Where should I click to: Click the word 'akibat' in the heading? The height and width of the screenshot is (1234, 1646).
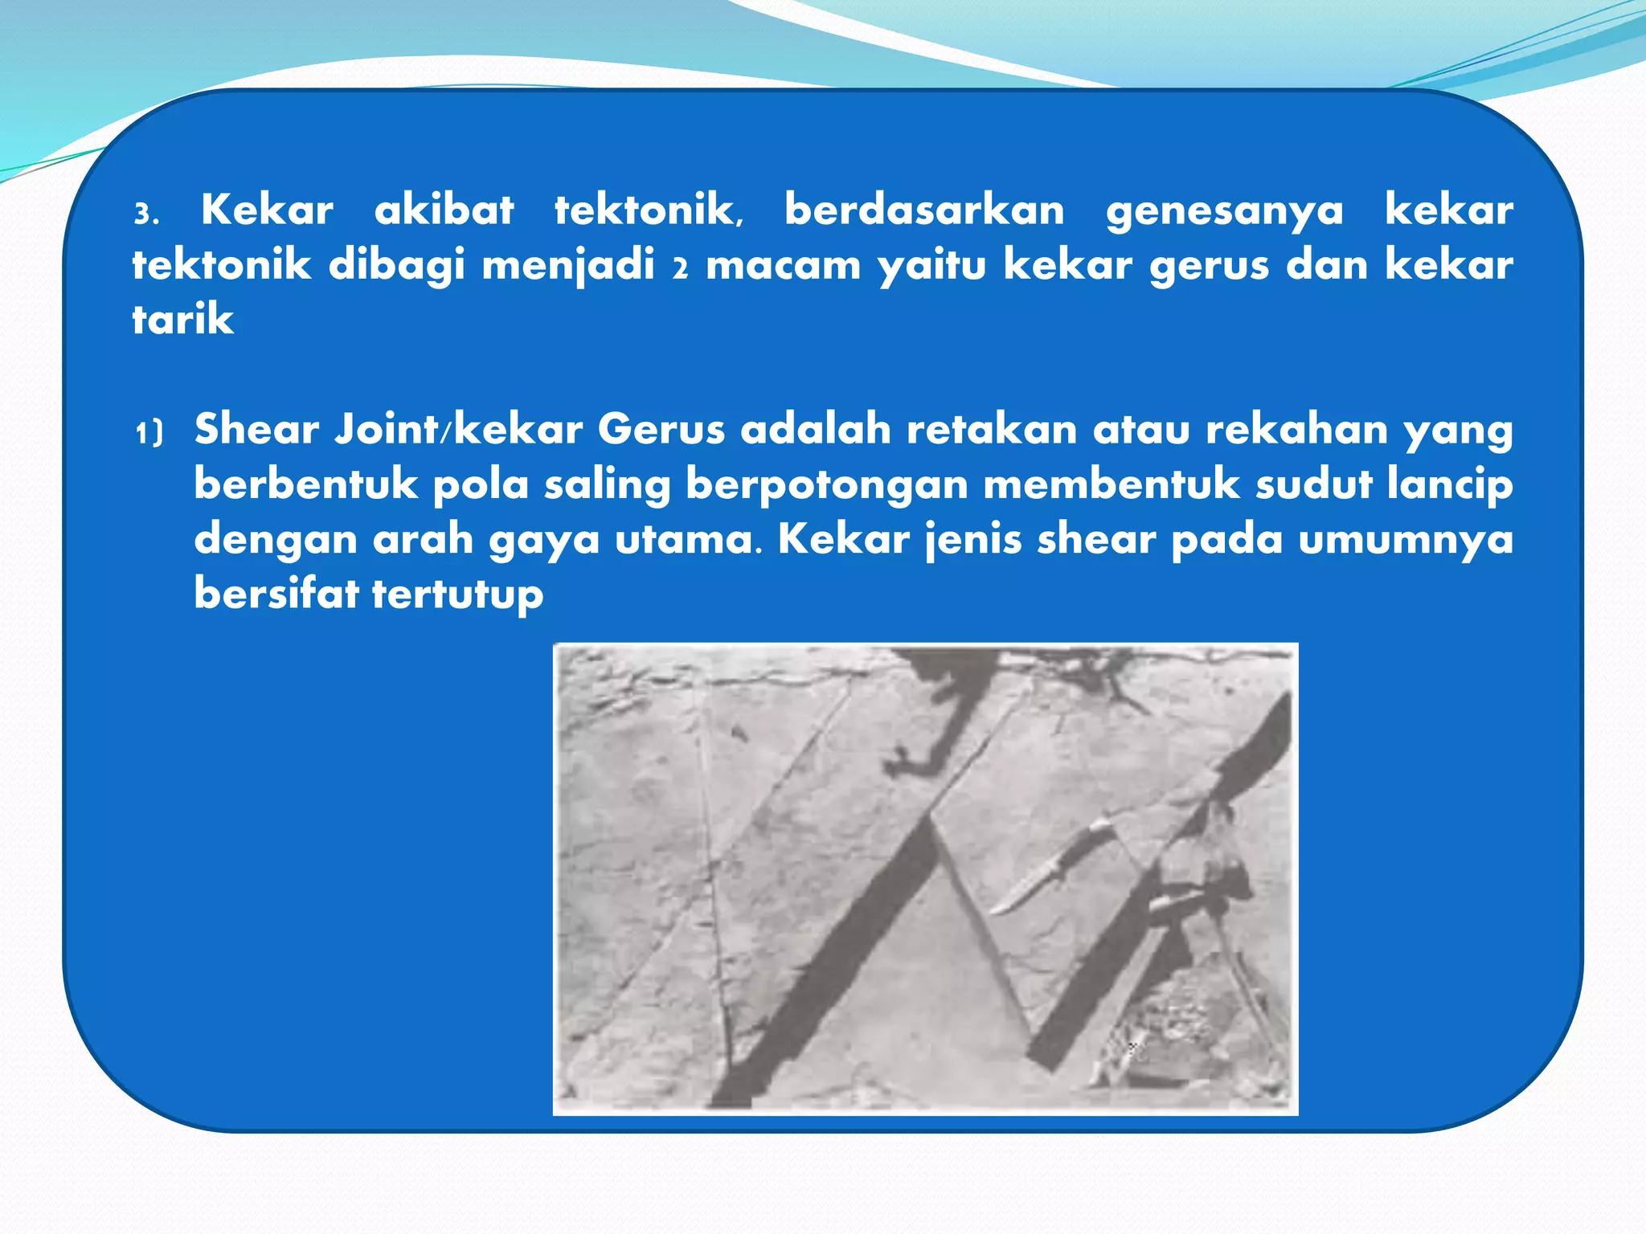[x=444, y=210]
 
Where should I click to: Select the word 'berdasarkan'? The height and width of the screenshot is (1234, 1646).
[x=924, y=210]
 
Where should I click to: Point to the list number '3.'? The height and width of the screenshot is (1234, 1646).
[x=146, y=215]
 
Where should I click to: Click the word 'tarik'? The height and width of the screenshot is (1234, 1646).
[x=182, y=320]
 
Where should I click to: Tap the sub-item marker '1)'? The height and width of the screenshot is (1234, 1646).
[x=149, y=433]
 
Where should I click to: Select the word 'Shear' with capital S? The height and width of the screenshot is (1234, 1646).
[x=256, y=429]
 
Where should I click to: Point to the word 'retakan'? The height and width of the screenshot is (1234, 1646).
[x=992, y=429]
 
